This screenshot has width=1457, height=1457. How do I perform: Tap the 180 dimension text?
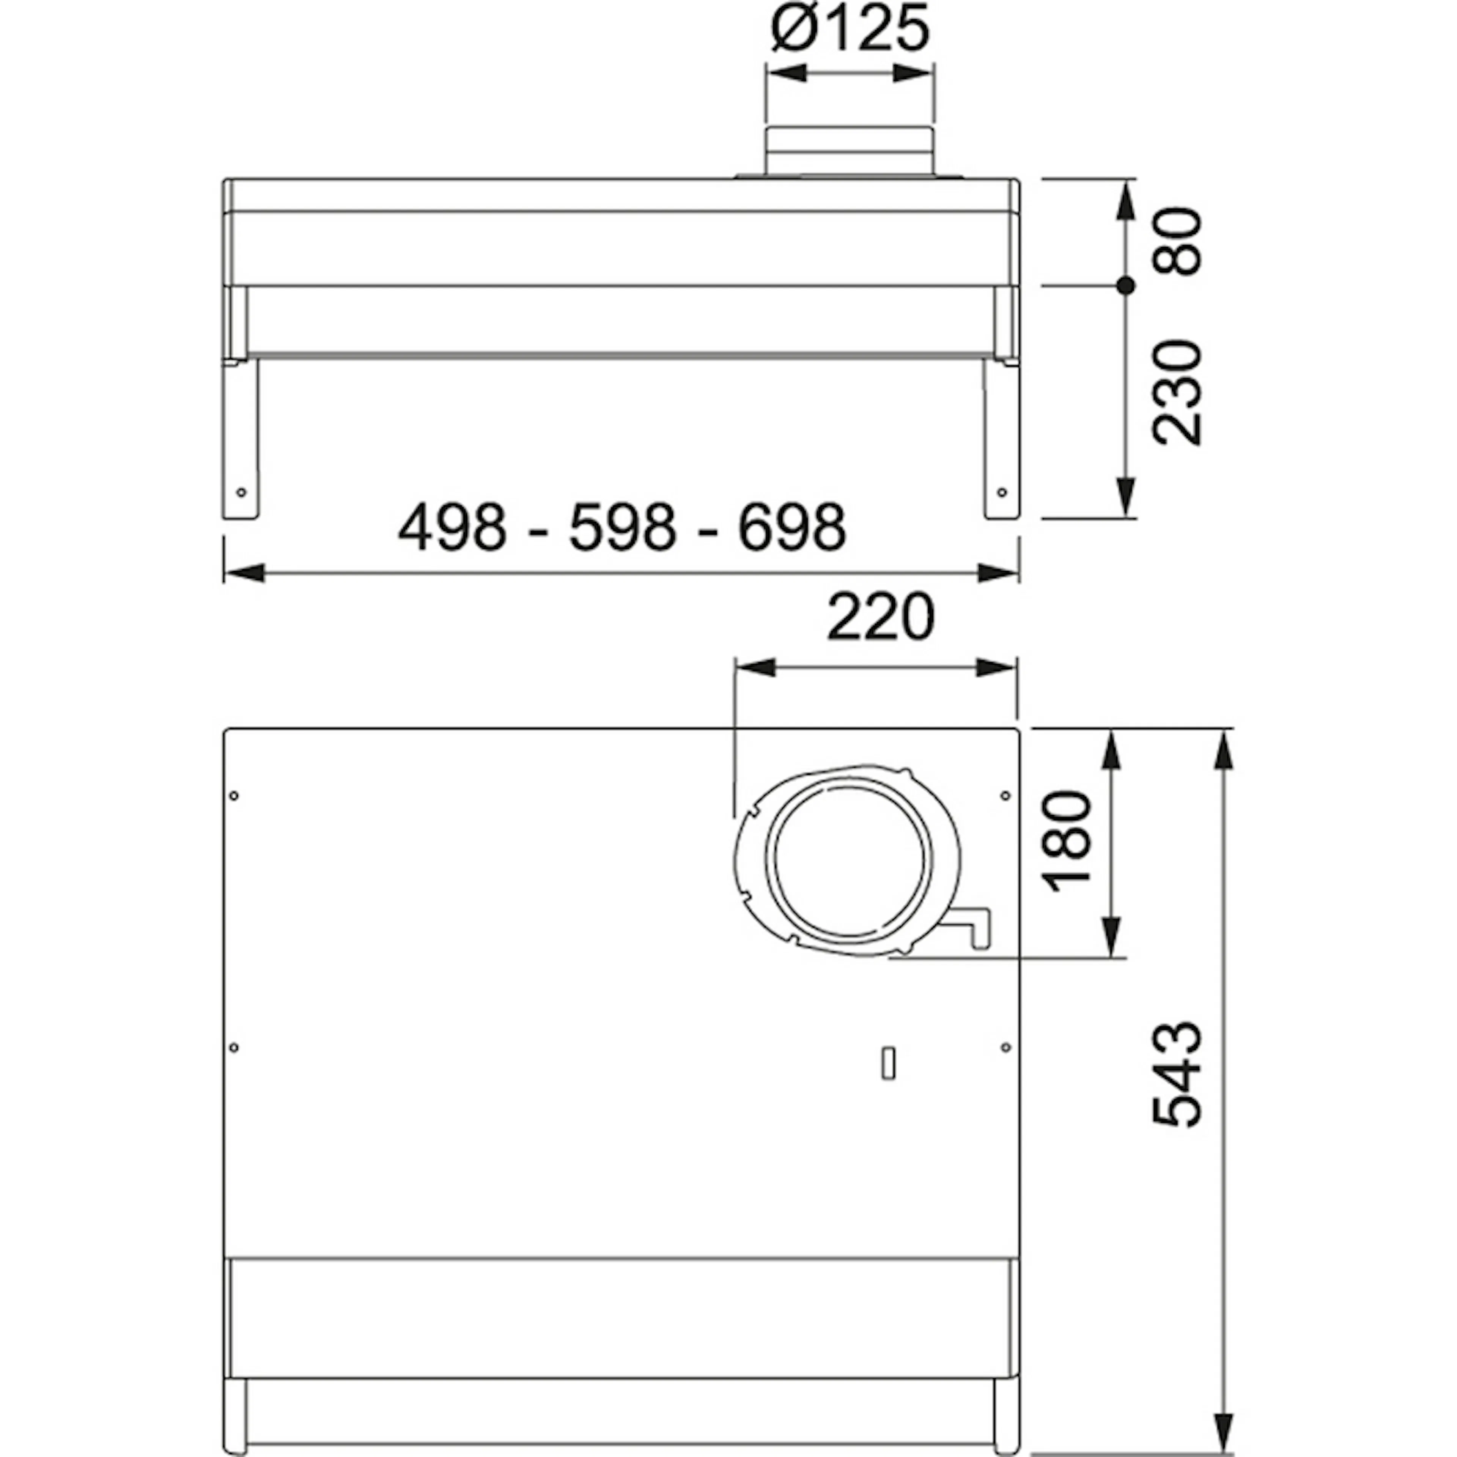[x=1066, y=841]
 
